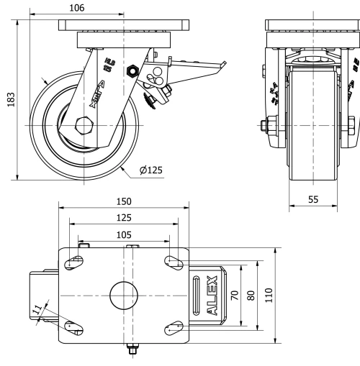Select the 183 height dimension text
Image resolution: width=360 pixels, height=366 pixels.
10,98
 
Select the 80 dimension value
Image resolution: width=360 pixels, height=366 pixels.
251,296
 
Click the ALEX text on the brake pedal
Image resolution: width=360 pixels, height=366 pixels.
212,296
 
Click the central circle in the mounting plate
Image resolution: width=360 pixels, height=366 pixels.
123,296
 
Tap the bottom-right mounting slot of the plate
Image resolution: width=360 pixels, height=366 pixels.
174,329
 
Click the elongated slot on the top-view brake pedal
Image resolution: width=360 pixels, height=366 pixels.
197,296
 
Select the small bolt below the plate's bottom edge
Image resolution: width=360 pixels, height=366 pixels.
132,350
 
